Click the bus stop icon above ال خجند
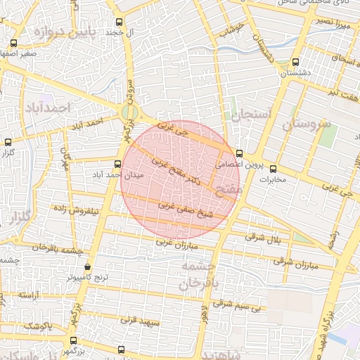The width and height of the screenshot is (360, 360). point(119,22)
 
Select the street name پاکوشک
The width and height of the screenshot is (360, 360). point(37,326)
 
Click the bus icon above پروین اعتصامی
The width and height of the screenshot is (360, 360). point(240,153)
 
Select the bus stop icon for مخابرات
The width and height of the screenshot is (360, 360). point(274,169)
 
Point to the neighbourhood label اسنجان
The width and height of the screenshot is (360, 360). point(245,114)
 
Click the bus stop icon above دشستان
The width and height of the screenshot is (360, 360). point(295,61)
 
